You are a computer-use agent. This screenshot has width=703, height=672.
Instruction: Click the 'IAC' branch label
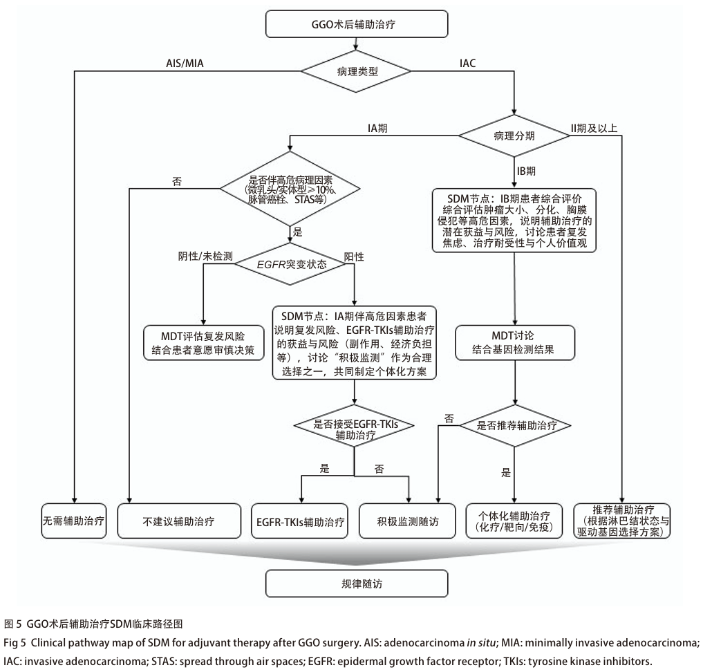pos(468,63)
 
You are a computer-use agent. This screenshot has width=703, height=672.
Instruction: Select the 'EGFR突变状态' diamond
pos(292,265)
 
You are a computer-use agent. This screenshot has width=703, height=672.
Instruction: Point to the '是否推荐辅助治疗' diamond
pos(515,424)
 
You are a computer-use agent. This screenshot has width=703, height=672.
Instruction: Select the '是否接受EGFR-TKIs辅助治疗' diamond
pos(354,429)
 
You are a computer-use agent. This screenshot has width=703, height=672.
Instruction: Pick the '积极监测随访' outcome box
pos(409,521)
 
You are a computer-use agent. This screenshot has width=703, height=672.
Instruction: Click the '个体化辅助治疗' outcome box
pos(515,521)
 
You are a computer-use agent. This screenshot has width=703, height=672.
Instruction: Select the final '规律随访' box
pos(355,584)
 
